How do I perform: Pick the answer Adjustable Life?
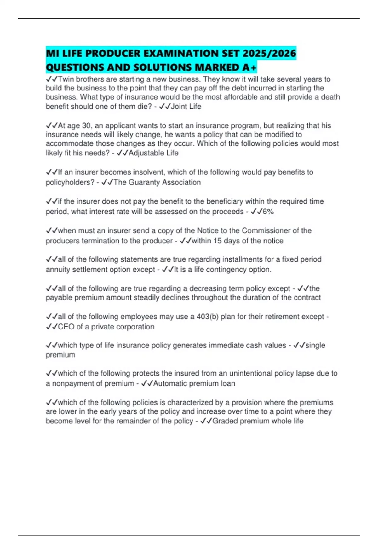pyautogui.click(x=153, y=153)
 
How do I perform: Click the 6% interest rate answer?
pyautogui.click(x=268, y=212)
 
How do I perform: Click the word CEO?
pyautogui.click(x=66, y=327)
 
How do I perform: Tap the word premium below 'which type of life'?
pyautogui.click(x=60, y=355)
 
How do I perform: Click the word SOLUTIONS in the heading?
pyautogui.click(x=162, y=67)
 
